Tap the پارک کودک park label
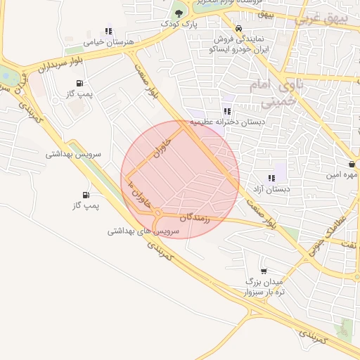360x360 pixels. pyautogui.click(x=175, y=24)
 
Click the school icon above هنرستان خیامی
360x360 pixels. pyautogui.click(x=108, y=32)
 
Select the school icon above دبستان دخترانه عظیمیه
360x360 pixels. pyautogui.click(x=226, y=111)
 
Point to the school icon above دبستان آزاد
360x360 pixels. pyautogui.click(x=271, y=178)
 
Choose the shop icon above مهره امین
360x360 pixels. pyautogui.click(x=350, y=164)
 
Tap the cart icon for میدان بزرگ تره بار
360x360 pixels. pyautogui.click(x=264, y=271)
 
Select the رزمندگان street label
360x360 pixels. pyautogui.click(x=195, y=217)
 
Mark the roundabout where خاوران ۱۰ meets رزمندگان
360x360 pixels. pyautogui.click(x=159, y=212)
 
